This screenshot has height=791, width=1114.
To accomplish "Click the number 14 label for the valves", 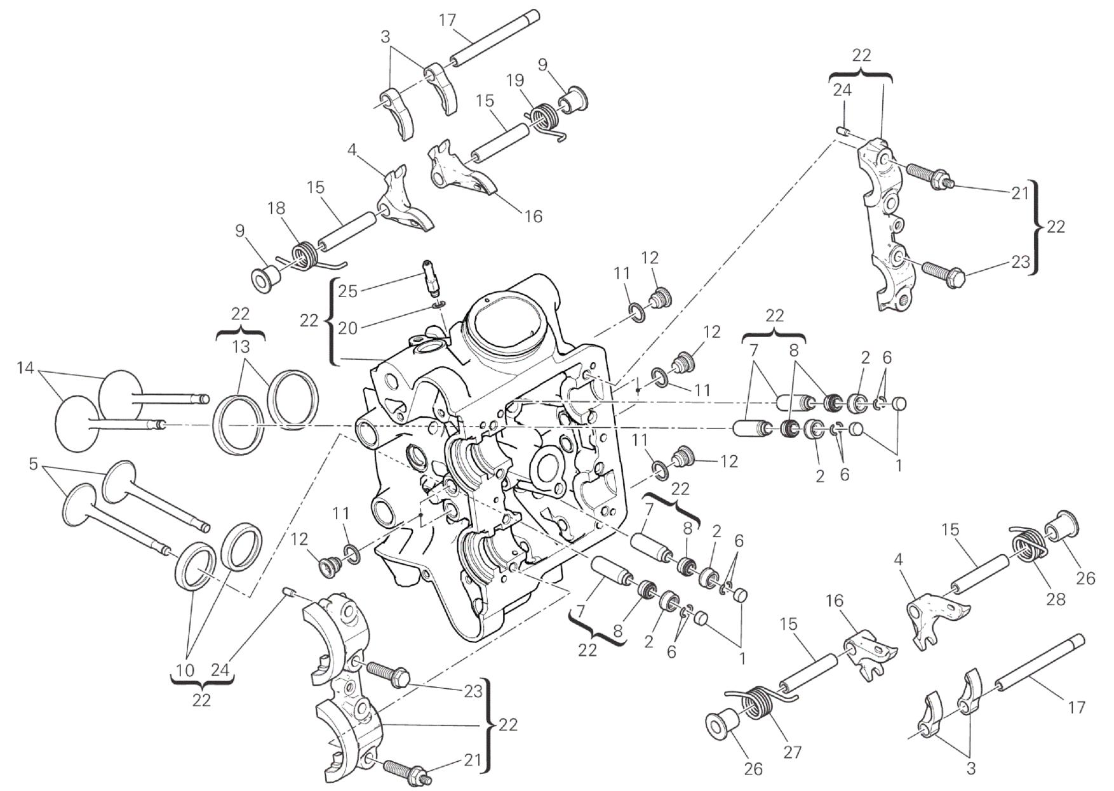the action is (25, 368).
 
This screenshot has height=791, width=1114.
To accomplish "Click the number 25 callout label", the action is (347, 291).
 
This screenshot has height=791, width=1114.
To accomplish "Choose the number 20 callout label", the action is (347, 328).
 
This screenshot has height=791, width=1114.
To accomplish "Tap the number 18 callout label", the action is (276, 208).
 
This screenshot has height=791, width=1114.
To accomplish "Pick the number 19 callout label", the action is (515, 81).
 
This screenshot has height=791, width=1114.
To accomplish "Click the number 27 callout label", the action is (792, 752).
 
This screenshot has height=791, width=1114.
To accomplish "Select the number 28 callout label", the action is (1056, 598).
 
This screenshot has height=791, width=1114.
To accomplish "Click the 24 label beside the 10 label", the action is (220, 670).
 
